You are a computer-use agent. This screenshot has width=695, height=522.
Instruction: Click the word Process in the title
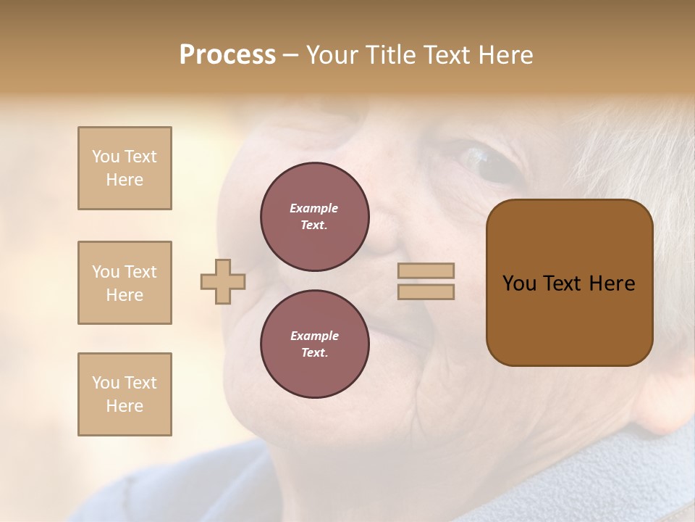(x=227, y=55)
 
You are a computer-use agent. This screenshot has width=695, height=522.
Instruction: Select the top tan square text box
(x=125, y=168)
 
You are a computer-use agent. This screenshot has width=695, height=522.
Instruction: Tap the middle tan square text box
(x=125, y=283)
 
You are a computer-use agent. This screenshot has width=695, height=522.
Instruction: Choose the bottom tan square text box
(x=125, y=394)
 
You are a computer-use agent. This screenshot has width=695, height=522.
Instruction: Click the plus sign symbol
(x=223, y=281)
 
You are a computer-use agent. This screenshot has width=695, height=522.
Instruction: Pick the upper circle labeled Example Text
(x=314, y=217)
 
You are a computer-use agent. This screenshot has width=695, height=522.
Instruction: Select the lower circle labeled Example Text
(x=314, y=344)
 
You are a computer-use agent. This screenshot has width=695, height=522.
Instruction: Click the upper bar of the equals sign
(x=426, y=270)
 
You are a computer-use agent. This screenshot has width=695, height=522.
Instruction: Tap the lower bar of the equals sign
(x=426, y=291)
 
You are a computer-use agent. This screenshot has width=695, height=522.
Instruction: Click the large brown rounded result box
(x=569, y=283)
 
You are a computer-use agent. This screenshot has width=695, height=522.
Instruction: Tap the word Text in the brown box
(x=564, y=283)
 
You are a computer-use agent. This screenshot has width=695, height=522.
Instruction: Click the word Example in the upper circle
(x=314, y=208)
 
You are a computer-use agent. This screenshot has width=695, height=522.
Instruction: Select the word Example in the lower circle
(x=314, y=336)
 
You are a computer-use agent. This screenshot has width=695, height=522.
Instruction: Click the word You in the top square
(x=105, y=157)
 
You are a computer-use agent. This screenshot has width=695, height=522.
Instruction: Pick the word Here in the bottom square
(x=125, y=406)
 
